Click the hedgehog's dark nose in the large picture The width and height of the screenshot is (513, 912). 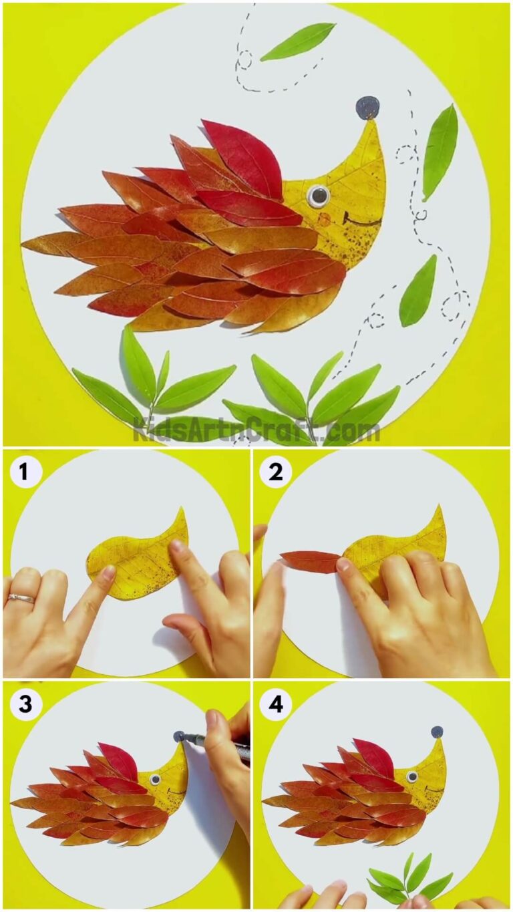pyautogui.click(x=367, y=107)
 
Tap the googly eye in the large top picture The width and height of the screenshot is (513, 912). pyautogui.click(x=318, y=195)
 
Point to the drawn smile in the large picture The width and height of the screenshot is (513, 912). pyautogui.click(x=354, y=220)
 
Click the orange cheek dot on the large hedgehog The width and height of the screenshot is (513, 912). pyautogui.click(x=324, y=219)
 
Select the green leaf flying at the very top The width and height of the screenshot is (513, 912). pyautogui.click(x=298, y=41)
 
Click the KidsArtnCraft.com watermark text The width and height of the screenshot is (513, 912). pyautogui.click(x=256, y=429)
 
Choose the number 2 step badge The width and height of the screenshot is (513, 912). pyautogui.click(x=276, y=472)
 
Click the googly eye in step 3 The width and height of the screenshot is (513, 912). pyautogui.click(x=155, y=779)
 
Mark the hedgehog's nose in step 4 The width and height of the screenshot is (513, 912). pyautogui.click(x=437, y=732)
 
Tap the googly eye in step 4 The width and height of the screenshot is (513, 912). pyautogui.click(x=412, y=777)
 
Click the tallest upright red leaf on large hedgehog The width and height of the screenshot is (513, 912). pyautogui.click(x=244, y=157)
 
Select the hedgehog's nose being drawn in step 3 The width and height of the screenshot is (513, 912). pyautogui.click(x=179, y=736)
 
